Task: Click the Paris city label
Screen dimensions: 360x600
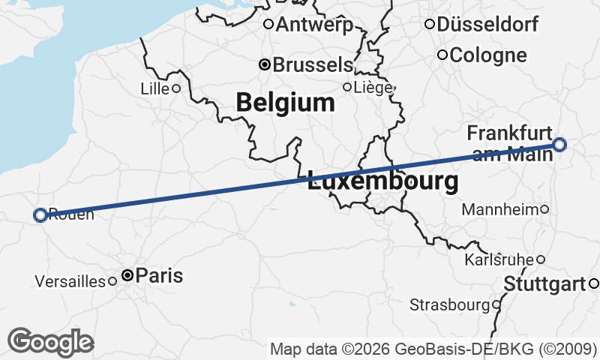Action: [x=159, y=276]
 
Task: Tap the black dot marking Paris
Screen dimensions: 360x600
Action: [x=127, y=276]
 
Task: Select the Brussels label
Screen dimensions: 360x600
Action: [x=312, y=65]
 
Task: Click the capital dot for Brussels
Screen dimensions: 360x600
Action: [x=264, y=65]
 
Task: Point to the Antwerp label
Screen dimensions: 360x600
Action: [x=314, y=25]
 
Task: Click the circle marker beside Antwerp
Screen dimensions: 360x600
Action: [x=268, y=24]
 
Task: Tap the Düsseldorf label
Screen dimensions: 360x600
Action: [x=487, y=25]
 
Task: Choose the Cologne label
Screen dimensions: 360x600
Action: [x=488, y=55]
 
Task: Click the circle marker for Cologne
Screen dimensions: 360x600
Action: [x=442, y=55]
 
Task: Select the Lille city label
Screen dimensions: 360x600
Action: [x=154, y=88]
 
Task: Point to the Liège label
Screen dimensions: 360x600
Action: [x=373, y=88]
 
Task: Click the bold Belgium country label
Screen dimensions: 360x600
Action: [x=285, y=103]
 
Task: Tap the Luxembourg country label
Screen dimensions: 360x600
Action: [x=382, y=181]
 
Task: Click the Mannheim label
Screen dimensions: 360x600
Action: [x=500, y=209]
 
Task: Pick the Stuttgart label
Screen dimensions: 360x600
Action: [x=544, y=284]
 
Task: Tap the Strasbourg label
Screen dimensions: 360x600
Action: [x=449, y=305]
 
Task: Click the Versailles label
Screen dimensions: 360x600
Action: [x=70, y=282]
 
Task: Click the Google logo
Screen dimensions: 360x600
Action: [x=50, y=342]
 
